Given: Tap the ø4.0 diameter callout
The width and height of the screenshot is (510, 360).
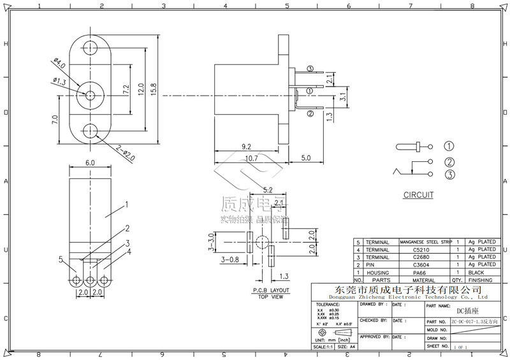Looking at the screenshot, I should pos(59,66).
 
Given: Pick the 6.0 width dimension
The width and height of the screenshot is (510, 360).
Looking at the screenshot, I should pos(89,163).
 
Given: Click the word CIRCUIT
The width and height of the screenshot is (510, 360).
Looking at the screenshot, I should pos(418,196).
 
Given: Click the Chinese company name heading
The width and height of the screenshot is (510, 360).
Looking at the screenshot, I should pos(399,290).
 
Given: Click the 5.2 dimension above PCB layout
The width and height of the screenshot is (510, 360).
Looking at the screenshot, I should pos(268,191).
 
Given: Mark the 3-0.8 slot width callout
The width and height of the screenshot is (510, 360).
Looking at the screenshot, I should pos(229,260).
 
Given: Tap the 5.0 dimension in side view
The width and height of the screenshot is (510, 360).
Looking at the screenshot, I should pos(305,157).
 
